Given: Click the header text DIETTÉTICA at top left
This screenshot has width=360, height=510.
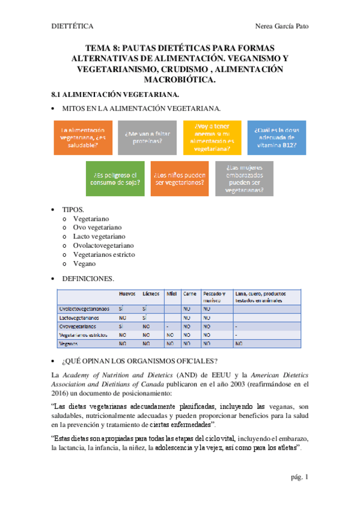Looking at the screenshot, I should [x=71, y=26].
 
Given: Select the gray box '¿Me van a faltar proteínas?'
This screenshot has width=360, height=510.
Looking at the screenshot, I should [x=144, y=138].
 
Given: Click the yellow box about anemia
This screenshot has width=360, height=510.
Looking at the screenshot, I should [x=211, y=138].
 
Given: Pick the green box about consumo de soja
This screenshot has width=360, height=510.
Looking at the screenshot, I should [x=114, y=179].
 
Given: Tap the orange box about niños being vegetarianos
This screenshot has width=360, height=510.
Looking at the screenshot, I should [x=179, y=179].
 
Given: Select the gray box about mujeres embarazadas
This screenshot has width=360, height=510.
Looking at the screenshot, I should [x=245, y=179].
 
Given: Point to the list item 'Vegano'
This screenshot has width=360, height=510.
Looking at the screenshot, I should [x=84, y=263].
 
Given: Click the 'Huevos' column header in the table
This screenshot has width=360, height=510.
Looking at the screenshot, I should [x=127, y=295].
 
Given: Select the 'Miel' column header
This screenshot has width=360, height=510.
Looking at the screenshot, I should [x=171, y=295].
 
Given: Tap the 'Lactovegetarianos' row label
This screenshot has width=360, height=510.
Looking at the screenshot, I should [x=79, y=317].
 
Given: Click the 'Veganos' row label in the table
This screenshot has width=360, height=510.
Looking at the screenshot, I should [x=69, y=343].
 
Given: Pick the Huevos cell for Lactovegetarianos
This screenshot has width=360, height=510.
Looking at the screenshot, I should [x=122, y=317].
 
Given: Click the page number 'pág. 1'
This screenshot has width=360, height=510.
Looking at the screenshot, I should [x=299, y=477].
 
